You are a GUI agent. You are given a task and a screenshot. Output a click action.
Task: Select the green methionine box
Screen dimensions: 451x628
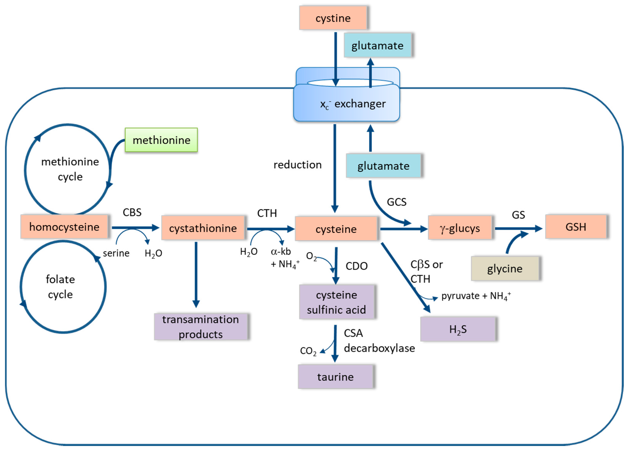[x=161, y=140]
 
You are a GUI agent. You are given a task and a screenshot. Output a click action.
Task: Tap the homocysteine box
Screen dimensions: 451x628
[x=64, y=227]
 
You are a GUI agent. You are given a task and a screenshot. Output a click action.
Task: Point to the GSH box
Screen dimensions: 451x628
[x=576, y=227]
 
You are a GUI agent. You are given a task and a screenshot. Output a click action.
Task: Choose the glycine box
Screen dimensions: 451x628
[x=505, y=269]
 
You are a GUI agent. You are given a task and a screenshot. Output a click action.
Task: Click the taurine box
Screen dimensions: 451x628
[x=335, y=377]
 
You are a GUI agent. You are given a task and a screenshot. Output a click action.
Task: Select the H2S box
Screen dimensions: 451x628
[x=458, y=329]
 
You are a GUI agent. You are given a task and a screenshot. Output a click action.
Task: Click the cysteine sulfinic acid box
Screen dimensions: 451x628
[x=336, y=302]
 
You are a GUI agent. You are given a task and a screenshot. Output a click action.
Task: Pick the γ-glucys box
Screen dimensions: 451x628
[x=460, y=228]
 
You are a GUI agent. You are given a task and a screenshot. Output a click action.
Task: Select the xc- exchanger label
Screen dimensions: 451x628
[x=352, y=104]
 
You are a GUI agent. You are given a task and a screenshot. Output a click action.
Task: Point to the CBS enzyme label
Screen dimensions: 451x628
[x=132, y=213]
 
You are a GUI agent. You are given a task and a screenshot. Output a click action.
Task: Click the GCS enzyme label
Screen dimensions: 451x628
[x=396, y=202]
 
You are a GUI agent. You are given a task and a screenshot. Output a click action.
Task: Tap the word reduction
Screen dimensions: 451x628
[x=297, y=165]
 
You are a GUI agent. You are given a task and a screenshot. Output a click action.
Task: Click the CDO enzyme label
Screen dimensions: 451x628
[x=356, y=266]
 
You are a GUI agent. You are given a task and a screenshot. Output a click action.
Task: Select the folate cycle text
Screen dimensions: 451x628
[x=60, y=287]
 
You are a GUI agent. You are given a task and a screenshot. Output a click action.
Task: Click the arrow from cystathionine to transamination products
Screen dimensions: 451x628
[x=196, y=274]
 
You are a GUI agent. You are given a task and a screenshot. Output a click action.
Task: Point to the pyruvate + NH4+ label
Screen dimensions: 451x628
[x=475, y=296]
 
